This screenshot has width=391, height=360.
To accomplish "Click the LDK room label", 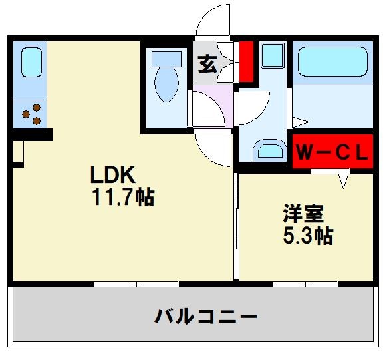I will coord(114,175).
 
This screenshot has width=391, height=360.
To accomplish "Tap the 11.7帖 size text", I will coord(123,197).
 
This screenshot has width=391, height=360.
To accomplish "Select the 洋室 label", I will coord(303,214).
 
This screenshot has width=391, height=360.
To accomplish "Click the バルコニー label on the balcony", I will coord(205,315).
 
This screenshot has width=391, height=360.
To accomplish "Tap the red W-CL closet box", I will coord(331,153).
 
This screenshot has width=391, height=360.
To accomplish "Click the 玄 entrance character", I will coord(207,65).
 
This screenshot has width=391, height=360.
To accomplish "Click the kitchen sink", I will coord(31,61).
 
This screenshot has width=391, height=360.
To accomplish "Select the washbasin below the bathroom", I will coord(269,150).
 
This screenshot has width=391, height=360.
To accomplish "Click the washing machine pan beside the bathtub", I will coord(272,55).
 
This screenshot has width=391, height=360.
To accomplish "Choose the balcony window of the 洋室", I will coord(305,284).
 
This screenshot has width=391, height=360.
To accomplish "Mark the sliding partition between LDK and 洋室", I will coord(235,226).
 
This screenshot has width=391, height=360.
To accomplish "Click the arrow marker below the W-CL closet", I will coord(343,180).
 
